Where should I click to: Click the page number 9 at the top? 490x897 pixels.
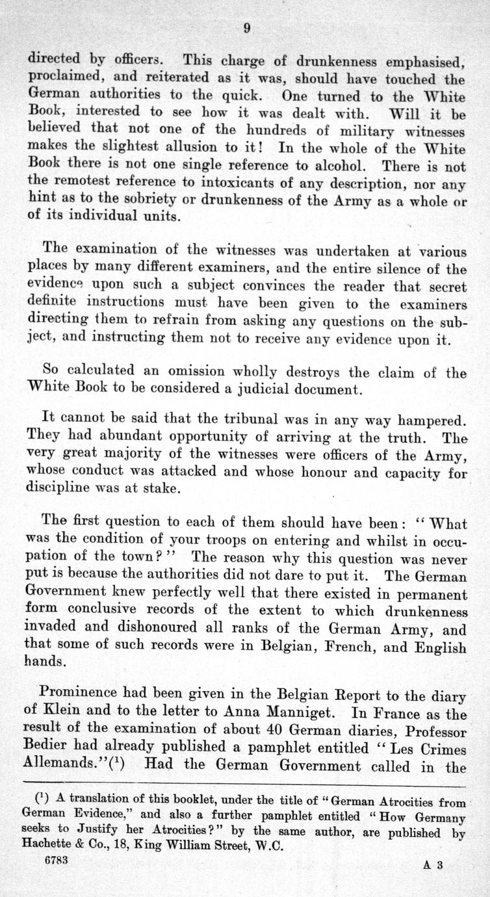tap(247, 27)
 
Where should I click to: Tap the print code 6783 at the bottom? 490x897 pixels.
tap(57, 859)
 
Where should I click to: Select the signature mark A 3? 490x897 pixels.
tap(433, 864)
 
